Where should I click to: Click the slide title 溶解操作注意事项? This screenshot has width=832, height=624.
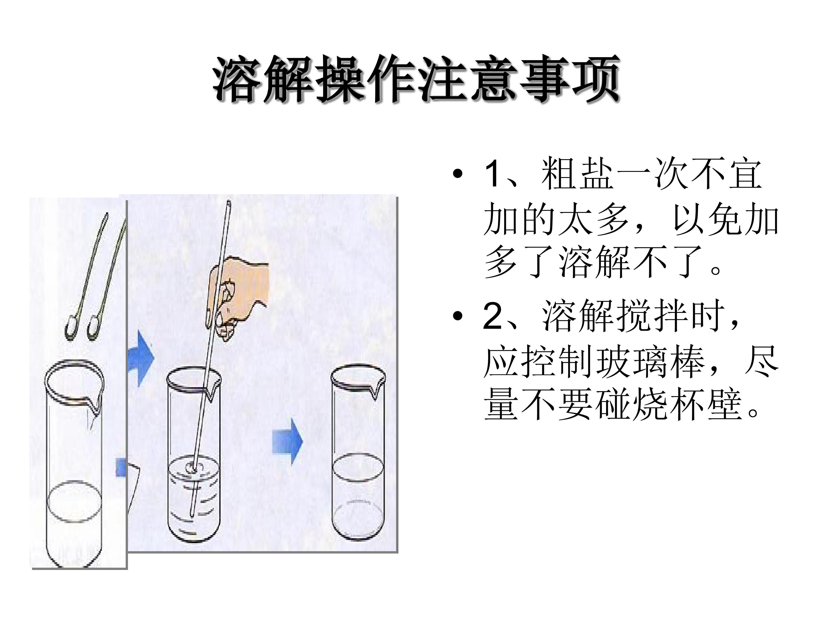(416, 79)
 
